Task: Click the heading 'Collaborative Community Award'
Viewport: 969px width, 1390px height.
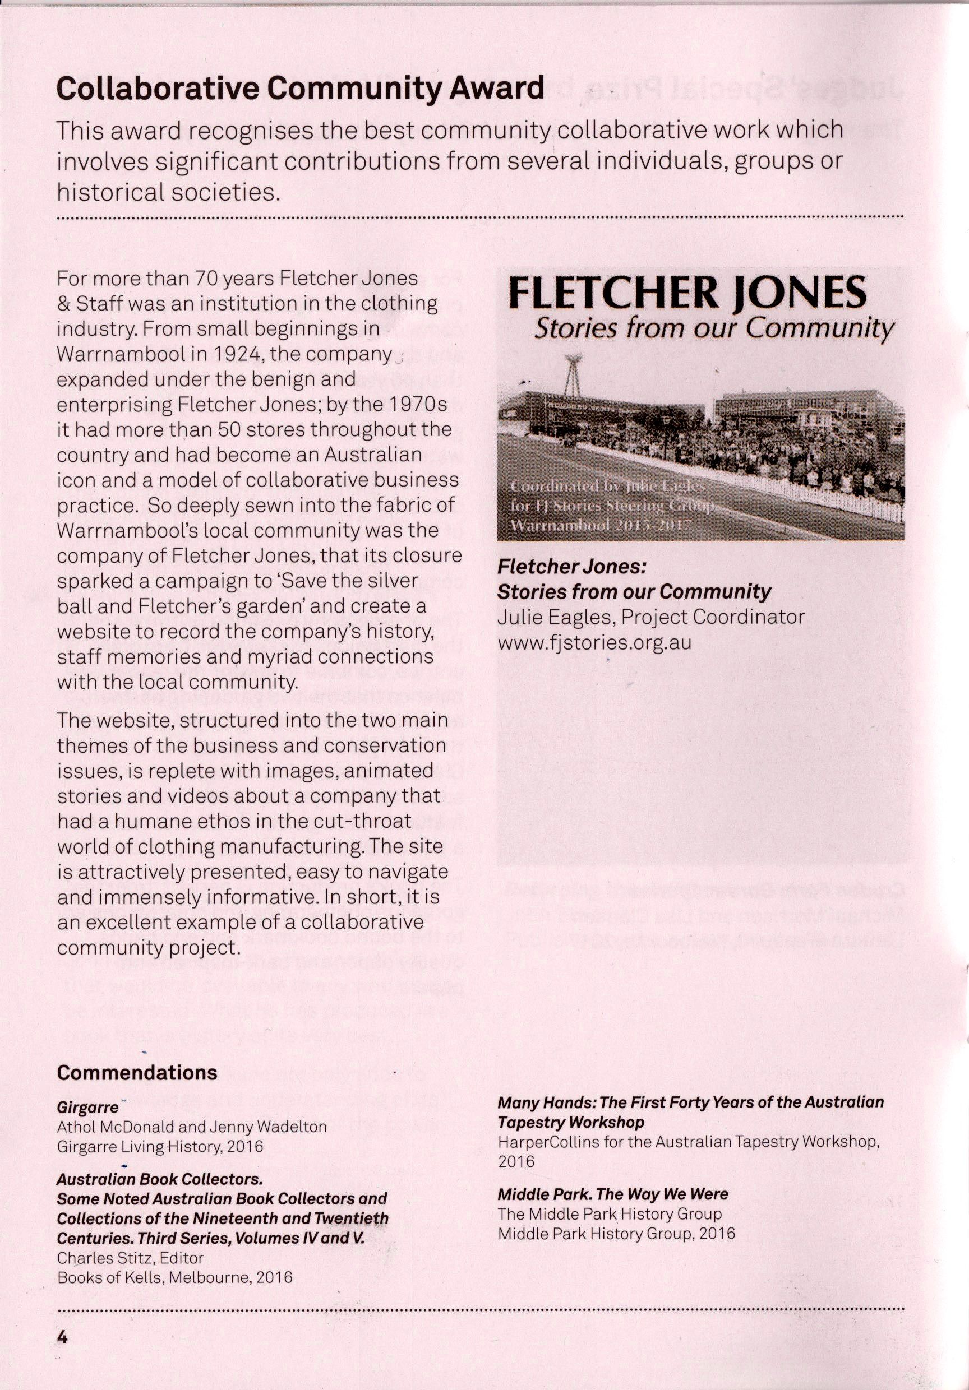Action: point(300,89)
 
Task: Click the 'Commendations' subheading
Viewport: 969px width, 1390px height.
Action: point(137,1073)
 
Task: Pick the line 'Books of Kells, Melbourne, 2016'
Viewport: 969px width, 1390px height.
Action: point(174,1277)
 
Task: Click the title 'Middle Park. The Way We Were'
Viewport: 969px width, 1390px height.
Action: point(613,1194)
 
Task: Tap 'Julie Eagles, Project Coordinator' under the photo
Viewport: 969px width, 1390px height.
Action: point(651,617)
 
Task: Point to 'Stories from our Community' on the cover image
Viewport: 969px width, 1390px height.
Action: point(713,329)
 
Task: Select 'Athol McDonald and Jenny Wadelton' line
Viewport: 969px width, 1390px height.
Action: point(191,1127)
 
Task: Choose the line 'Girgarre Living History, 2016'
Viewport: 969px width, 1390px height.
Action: point(160,1146)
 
